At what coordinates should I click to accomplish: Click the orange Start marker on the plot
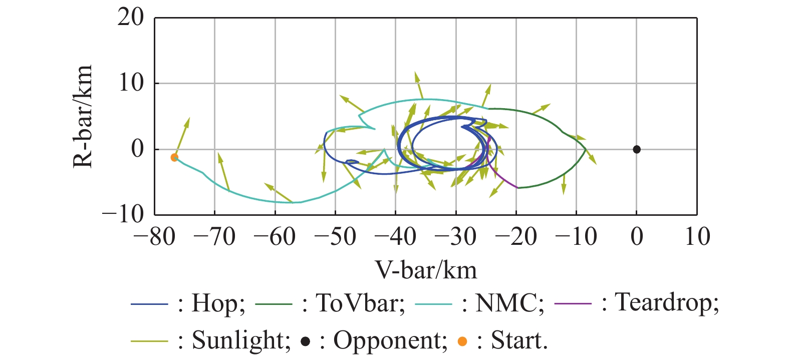(x=174, y=157)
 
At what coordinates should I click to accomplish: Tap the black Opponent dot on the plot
(x=636, y=149)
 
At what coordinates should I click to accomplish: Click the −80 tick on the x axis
(x=154, y=236)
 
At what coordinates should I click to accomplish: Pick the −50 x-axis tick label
(x=335, y=236)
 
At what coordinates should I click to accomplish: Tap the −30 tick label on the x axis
(x=456, y=236)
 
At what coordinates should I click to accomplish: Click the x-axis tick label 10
(x=697, y=236)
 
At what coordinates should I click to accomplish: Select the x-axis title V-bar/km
(x=426, y=270)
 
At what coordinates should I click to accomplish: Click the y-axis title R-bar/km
(x=83, y=116)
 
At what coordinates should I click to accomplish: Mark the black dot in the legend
(x=305, y=341)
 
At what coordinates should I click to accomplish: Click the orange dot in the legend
(x=462, y=341)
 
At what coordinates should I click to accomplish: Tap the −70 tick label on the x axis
(x=214, y=236)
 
